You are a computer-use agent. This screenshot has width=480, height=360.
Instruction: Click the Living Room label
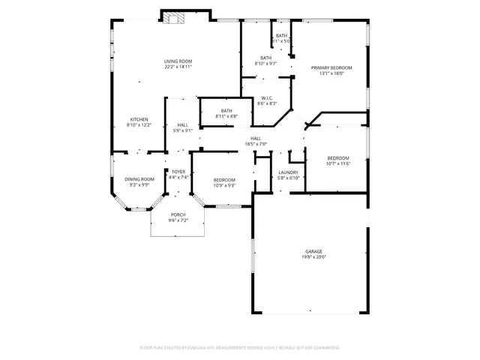point(178,61)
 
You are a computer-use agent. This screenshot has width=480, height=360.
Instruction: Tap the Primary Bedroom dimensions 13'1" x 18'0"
point(331,73)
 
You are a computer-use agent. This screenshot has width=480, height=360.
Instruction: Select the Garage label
point(313,251)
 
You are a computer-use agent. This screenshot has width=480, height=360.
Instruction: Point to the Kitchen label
point(139,119)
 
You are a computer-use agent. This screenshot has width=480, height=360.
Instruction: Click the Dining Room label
point(139,179)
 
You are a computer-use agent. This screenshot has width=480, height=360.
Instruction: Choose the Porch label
point(178,214)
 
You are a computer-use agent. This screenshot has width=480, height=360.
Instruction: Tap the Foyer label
point(178,172)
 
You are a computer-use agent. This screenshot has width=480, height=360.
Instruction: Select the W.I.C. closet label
point(267,97)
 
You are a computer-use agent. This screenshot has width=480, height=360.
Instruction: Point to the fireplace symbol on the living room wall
point(174,19)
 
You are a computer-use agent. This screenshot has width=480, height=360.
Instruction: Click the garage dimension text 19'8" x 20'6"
point(313,257)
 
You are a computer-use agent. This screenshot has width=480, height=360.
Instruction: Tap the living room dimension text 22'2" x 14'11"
point(178,67)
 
